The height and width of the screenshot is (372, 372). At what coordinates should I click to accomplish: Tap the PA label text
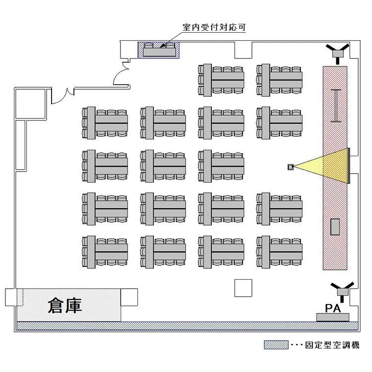click(332, 309)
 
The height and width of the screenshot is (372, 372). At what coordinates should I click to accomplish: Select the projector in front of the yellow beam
click(290, 167)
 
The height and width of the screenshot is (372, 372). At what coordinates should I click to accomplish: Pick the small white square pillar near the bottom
click(243, 288)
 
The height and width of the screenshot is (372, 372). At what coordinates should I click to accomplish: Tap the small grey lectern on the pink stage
click(335, 226)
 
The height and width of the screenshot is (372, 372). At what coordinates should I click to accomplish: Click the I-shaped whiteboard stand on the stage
click(337, 105)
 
